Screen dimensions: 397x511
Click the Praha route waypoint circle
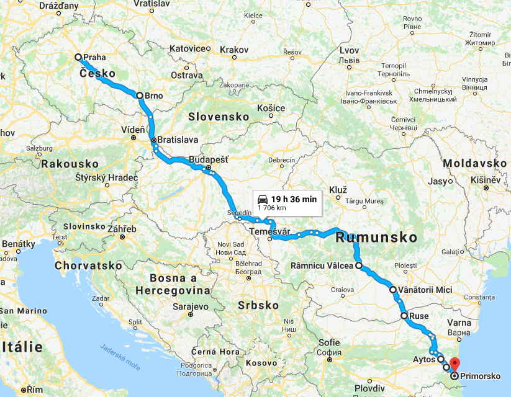pyautogui.click(x=78, y=57)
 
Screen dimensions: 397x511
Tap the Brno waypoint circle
pyautogui.click(x=140, y=96)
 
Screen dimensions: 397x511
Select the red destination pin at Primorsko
pyautogui.click(x=454, y=365)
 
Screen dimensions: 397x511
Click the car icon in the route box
pyautogui.click(x=263, y=198)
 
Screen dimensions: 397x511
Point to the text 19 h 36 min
pyautogui.click(x=294, y=198)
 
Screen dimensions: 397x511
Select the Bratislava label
pyautogui.click(x=178, y=140)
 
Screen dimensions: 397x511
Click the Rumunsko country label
pyautogui.click(x=376, y=237)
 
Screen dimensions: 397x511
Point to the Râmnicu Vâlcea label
pyautogui.click(x=322, y=266)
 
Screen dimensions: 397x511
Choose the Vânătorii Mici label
pyautogui.click(x=425, y=290)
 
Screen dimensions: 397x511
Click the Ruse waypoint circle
pyautogui.click(x=404, y=316)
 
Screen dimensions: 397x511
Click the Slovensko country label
pyautogui.click(x=219, y=117)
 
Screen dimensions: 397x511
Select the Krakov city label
pyautogui.click(x=233, y=49)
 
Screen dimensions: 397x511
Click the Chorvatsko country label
pyautogui.click(x=88, y=265)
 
